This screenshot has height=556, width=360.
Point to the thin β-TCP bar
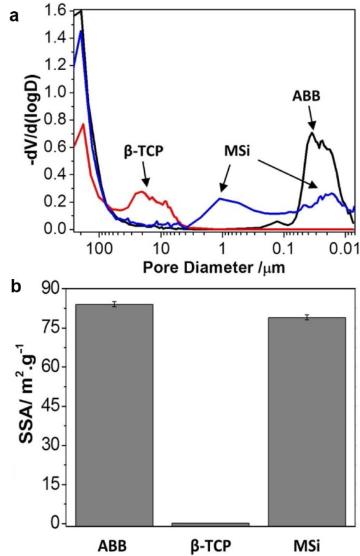(210, 523)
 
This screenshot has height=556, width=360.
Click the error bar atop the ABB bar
(114, 304)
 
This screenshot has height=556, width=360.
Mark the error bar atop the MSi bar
(307, 317)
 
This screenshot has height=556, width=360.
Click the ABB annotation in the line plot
(306, 98)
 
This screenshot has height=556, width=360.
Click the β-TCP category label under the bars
(210, 545)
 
